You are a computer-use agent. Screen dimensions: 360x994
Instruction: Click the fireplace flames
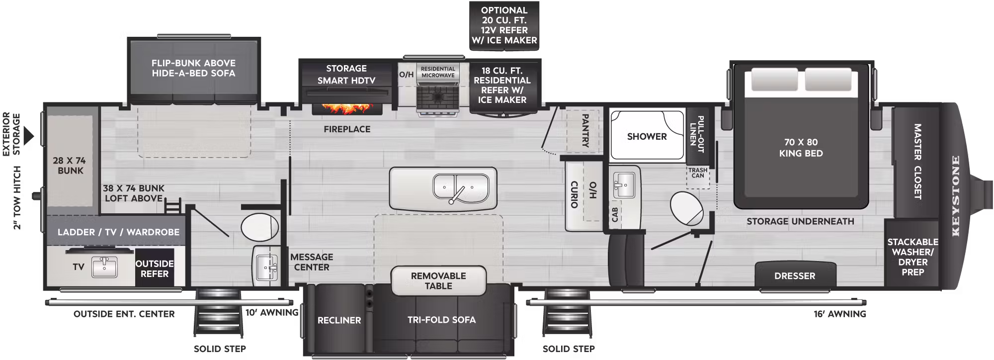point(347,108)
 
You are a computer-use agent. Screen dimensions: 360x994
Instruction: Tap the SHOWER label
point(647,136)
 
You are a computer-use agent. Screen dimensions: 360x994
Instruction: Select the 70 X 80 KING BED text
point(801,148)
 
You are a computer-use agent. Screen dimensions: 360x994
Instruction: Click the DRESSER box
point(795,275)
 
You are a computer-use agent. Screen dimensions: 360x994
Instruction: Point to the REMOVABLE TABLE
point(438,281)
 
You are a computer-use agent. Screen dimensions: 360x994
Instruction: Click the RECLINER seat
point(339,320)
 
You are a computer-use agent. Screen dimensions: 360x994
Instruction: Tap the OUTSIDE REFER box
point(155,269)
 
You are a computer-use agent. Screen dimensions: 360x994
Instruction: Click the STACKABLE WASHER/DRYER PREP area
point(912,257)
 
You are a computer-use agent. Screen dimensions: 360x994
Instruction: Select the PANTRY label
point(585,131)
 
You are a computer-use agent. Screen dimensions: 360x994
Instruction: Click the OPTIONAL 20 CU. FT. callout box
point(504,25)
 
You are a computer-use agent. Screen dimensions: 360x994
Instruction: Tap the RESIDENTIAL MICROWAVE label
point(438,72)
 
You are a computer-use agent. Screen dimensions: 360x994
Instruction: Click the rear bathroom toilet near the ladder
point(259,227)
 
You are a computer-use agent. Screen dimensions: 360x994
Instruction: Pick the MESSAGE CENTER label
point(312,262)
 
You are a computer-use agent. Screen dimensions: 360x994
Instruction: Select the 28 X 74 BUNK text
point(70,166)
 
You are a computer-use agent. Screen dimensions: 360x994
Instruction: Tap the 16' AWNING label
point(839,314)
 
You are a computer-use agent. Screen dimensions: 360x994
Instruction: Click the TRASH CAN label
point(698,173)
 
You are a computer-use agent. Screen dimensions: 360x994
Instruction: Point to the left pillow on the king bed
point(774,80)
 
